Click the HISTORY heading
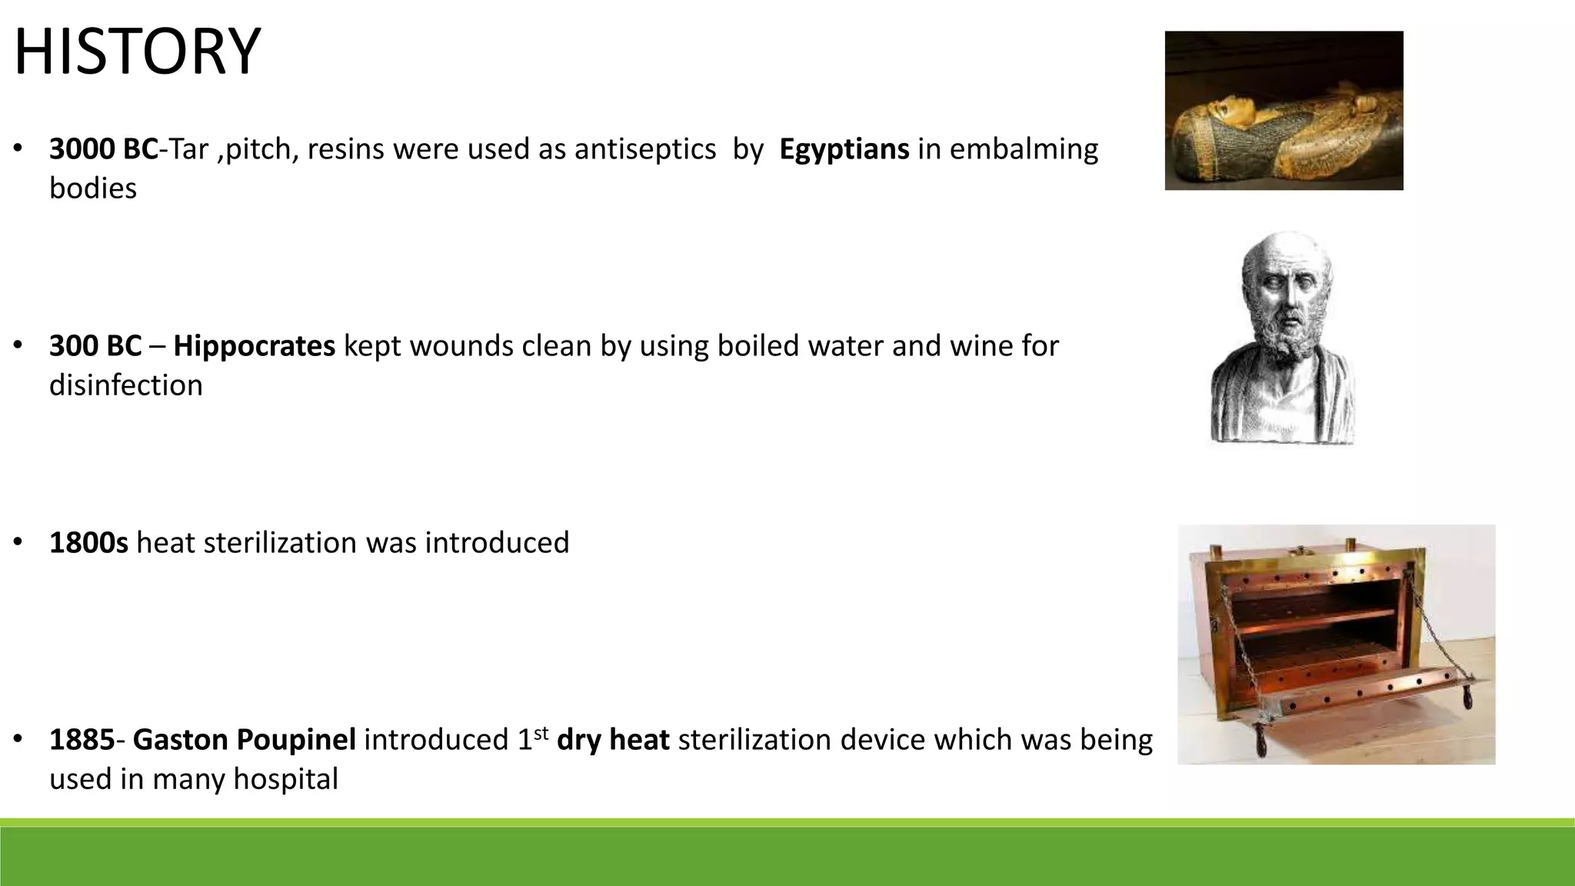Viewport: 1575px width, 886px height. [137, 52]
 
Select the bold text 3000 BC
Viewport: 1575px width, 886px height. [103, 148]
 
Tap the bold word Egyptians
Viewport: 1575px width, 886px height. [844, 148]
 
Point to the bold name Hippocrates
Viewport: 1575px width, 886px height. [254, 346]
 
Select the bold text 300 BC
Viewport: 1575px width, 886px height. [95, 346]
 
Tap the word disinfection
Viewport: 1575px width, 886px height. [126, 385]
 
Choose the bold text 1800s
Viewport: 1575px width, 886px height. [88, 543]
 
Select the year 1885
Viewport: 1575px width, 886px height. [82, 740]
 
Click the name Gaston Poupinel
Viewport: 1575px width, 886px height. [244, 740]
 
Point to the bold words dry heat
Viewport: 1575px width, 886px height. [613, 740]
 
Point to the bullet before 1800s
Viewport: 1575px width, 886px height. [17, 543]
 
